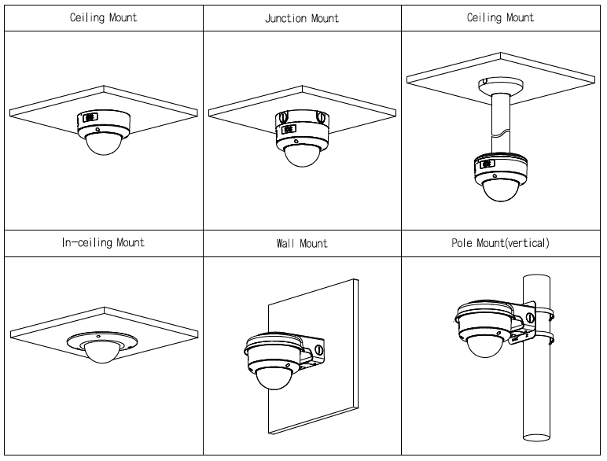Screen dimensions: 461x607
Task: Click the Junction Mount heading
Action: click(303, 18)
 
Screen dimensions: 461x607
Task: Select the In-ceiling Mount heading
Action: click(103, 242)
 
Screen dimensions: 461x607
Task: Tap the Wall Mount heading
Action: click(303, 244)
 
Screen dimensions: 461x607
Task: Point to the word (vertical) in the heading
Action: click(524, 242)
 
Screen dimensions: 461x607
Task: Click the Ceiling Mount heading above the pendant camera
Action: click(501, 17)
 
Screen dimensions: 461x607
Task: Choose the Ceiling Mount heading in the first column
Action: click(103, 17)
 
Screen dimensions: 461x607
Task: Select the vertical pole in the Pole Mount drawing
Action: click(538, 393)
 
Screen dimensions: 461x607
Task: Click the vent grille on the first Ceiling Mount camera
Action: click(86, 118)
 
